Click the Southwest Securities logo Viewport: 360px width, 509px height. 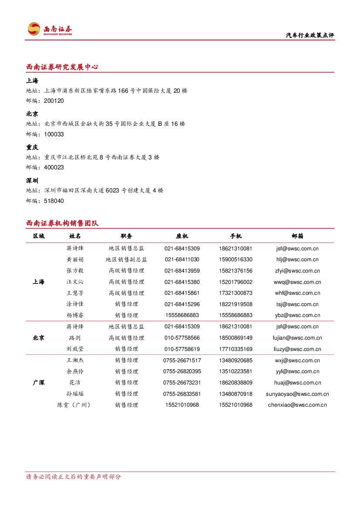point(50,29)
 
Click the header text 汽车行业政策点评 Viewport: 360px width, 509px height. point(310,36)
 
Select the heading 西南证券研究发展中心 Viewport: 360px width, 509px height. point(62,67)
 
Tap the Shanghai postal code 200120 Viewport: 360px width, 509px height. point(54,101)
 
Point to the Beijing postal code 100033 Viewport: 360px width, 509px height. point(54,135)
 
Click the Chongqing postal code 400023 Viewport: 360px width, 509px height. point(54,168)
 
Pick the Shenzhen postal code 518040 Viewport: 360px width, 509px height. point(54,201)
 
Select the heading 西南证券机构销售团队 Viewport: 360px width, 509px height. point(62,223)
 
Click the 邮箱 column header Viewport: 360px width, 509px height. point(297,236)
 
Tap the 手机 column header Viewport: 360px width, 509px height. point(236,236)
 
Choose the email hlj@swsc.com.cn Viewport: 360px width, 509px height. point(297,260)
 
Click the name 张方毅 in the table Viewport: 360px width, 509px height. point(75,271)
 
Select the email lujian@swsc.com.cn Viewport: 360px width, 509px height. point(297,338)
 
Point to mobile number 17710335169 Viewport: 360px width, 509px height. point(236,349)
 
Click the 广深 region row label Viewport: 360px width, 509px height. point(38,383)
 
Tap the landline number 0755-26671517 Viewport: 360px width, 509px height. point(182,361)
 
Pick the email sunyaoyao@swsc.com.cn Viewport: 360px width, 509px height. point(297,394)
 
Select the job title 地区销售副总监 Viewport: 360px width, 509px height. point(126,260)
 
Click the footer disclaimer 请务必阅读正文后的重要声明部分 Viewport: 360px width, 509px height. point(74,477)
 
